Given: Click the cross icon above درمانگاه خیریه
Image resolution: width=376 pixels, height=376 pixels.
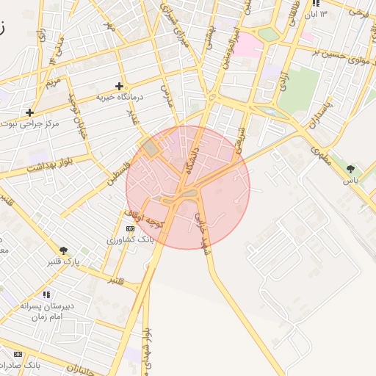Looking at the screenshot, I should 119,86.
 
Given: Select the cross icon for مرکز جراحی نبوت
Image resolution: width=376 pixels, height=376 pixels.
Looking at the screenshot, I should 29,112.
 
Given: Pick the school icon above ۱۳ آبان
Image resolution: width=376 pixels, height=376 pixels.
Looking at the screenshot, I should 317,3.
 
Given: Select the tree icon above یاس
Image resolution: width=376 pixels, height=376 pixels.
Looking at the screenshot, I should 350,169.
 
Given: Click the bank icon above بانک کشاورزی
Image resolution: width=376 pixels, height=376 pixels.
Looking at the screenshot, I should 131,229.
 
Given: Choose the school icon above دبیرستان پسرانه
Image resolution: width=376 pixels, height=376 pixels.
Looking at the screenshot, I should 46,294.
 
